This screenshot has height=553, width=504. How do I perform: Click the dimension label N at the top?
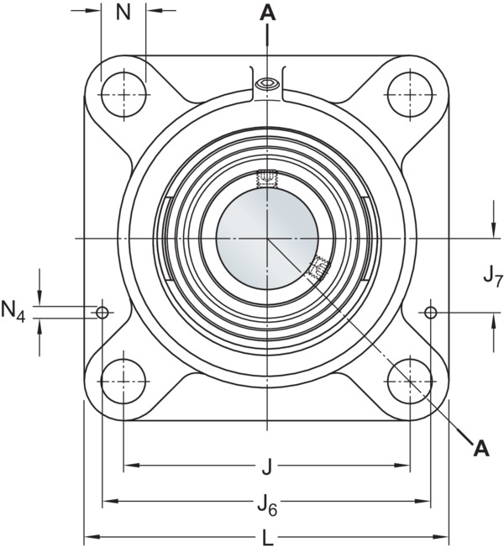pos(123,13)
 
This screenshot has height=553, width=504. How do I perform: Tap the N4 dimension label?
pos(13,311)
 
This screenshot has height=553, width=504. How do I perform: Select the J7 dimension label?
pos(492,276)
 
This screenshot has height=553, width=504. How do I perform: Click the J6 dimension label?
pos(267,507)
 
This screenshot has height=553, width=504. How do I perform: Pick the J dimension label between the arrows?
pos(267,467)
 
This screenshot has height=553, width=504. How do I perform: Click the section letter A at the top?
pos(268,13)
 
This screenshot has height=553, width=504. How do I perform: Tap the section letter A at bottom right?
pos(481,448)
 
